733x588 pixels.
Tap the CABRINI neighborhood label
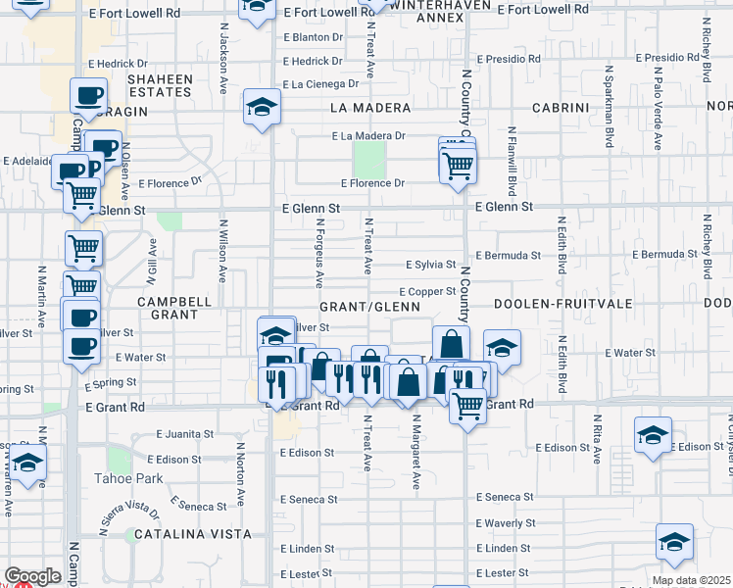tap(560, 107)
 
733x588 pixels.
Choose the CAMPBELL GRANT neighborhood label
tap(174, 308)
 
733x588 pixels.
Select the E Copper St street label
tap(426, 291)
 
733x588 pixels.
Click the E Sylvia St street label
tap(430, 265)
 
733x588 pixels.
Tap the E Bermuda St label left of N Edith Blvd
tap(508, 256)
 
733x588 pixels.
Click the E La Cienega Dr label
tap(318, 84)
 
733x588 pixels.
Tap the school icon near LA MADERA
tap(262, 107)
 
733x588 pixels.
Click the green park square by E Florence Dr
tap(368, 158)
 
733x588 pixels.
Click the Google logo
tap(32, 576)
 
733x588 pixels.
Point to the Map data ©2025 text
tap(690, 580)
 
